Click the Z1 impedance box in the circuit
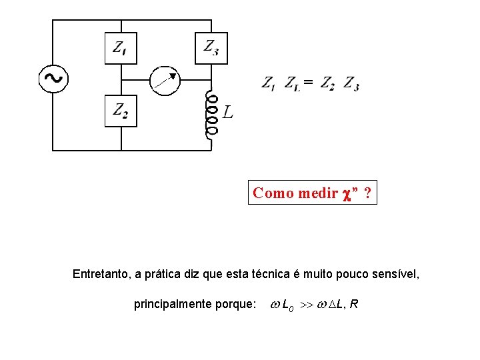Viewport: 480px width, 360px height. (x=121, y=48)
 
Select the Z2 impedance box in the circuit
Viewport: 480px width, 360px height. (x=121, y=110)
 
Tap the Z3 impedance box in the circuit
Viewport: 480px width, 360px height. (x=211, y=47)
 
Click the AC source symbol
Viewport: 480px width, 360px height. (x=53, y=79)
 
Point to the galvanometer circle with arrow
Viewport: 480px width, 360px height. (x=163, y=80)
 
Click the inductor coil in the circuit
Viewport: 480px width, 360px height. (x=212, y=113)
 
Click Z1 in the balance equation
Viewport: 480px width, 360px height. (x=268, y=83)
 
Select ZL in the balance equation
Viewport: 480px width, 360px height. (x=292, y=83)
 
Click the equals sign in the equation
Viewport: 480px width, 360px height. (x=309, y=83)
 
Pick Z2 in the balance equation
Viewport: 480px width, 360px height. (x=327, y=83)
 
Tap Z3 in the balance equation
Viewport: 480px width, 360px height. (x=351, y=83)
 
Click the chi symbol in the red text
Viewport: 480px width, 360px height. (x=345, y=194)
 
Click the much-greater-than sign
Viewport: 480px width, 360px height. (x=306, y=305)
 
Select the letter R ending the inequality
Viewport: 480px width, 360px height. (x=354, y=305)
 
